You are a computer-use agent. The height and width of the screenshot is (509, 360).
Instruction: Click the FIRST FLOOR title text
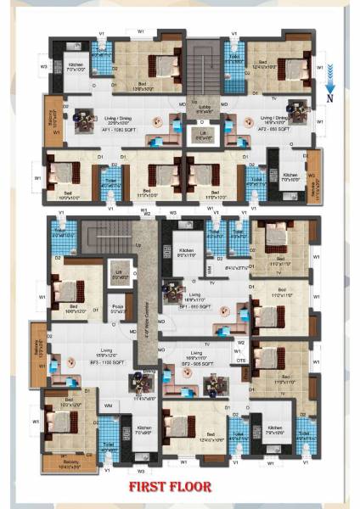point(180,486)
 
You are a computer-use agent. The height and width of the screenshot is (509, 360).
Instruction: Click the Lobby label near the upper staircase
point(204,109)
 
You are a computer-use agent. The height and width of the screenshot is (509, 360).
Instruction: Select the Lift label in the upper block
point(205,136)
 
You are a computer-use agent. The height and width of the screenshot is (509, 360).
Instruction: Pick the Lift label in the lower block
point(120,275)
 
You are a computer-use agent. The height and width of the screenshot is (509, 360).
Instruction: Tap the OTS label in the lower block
point(241,360)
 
